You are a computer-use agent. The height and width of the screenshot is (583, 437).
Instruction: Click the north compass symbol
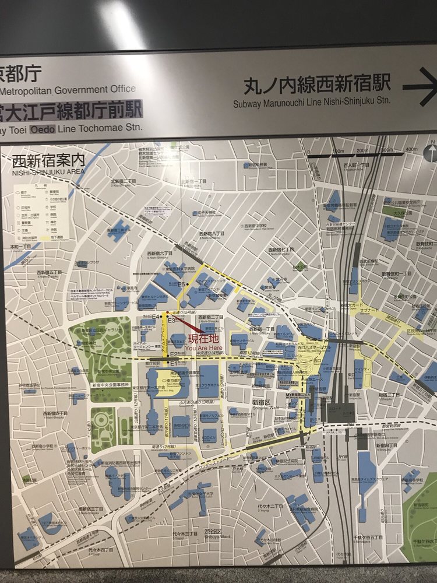click(x=432, y=153)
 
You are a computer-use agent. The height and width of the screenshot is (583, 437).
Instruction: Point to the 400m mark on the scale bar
click(x=412, y=150)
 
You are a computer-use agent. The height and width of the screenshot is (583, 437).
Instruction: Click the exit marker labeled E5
click(x=182, y=285)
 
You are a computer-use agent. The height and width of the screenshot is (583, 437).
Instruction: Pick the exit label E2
click(x=174, y=354)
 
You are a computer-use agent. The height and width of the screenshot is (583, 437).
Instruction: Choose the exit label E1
click(x=173, y=363)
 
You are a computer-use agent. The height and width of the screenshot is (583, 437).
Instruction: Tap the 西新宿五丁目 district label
click(x=49, y=272)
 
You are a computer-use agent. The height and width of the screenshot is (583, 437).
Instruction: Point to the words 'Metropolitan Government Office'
click(x=67, y=89)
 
